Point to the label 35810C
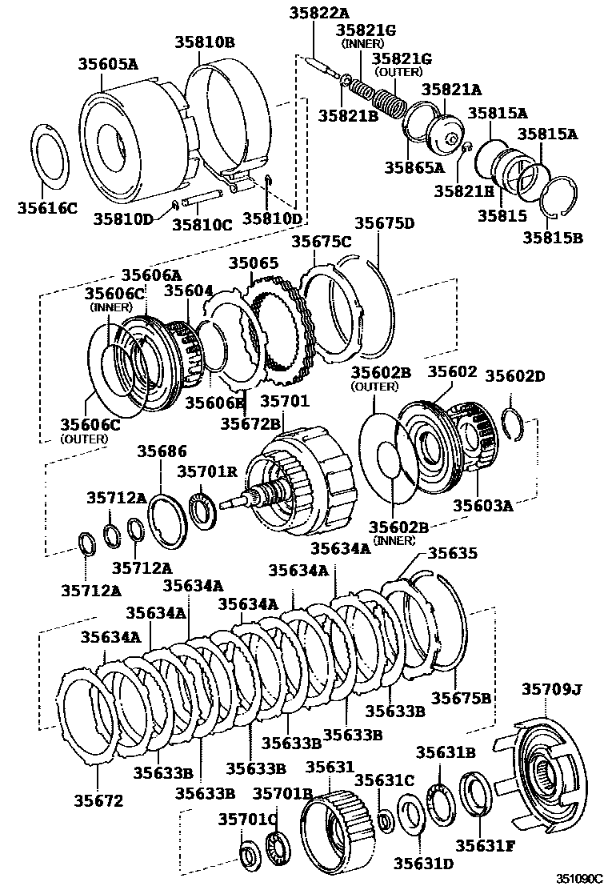[x=202, y=225]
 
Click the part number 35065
[x=254, y=263]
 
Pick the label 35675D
[x=385, y=223]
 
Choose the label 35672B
[x=250, y=422]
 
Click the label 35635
[x=453, y=553]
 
